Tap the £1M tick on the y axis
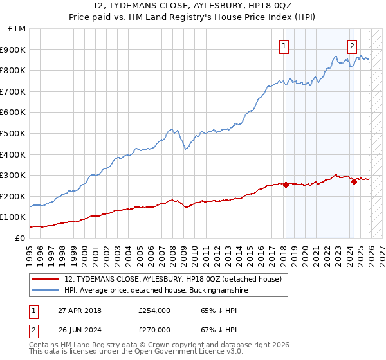click(17, 29)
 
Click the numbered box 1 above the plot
click(284, 45)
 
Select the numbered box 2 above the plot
click(353, 45)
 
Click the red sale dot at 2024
click(354, 181)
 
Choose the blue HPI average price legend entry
click(156, 291)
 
